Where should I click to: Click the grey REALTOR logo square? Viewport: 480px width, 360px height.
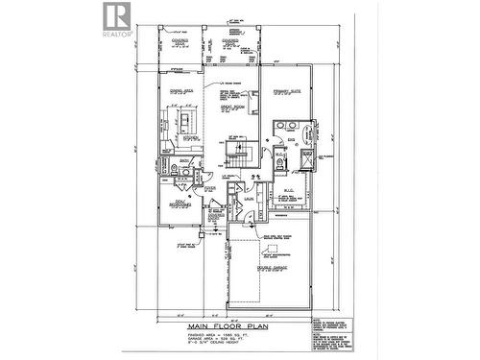(x=114, y=15)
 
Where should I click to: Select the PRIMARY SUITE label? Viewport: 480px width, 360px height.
(x=287, y=93)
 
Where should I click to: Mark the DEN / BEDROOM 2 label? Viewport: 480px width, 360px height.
(x=175, y=204)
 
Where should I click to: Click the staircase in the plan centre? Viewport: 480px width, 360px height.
(x=236, y=152)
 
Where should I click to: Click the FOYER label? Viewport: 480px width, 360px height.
(x=210, y=189)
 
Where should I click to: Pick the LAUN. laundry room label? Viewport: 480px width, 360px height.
(x=247, y=198)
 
